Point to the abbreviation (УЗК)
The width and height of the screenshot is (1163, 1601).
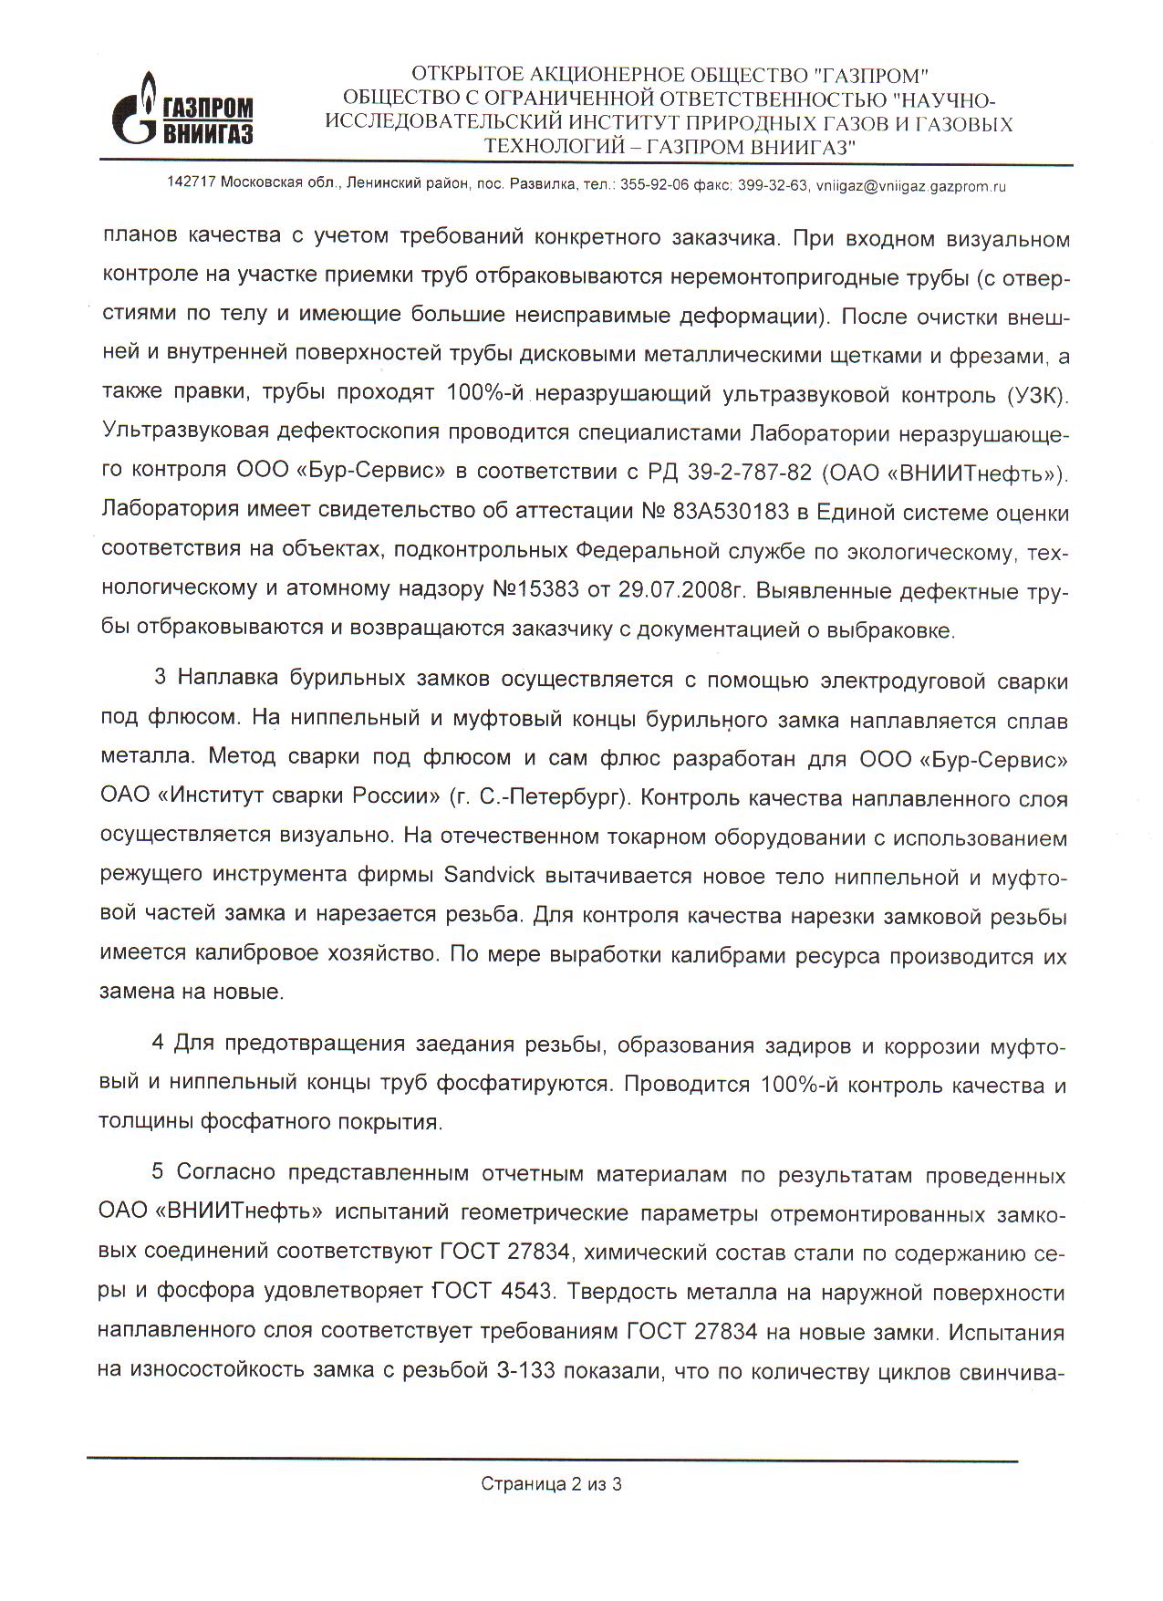1037,395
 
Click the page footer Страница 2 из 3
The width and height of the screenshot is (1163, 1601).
551,1484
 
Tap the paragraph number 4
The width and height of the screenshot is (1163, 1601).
158,1044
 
